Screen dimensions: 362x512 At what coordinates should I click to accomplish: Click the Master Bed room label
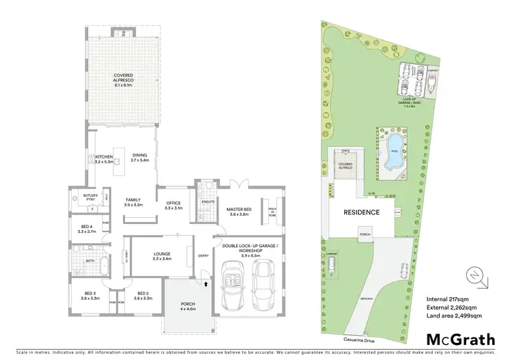[x=241, y=211]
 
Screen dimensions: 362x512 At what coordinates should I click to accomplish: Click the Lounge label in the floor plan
[x=162, y=256]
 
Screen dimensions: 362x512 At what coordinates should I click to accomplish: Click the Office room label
[x=173, y=205]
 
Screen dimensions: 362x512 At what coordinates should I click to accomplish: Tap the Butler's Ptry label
[x=91, y=197]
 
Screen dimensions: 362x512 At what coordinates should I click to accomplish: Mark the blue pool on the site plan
[x=394, y=154]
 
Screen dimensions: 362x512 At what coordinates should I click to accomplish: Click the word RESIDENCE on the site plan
[x=360, y=212]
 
